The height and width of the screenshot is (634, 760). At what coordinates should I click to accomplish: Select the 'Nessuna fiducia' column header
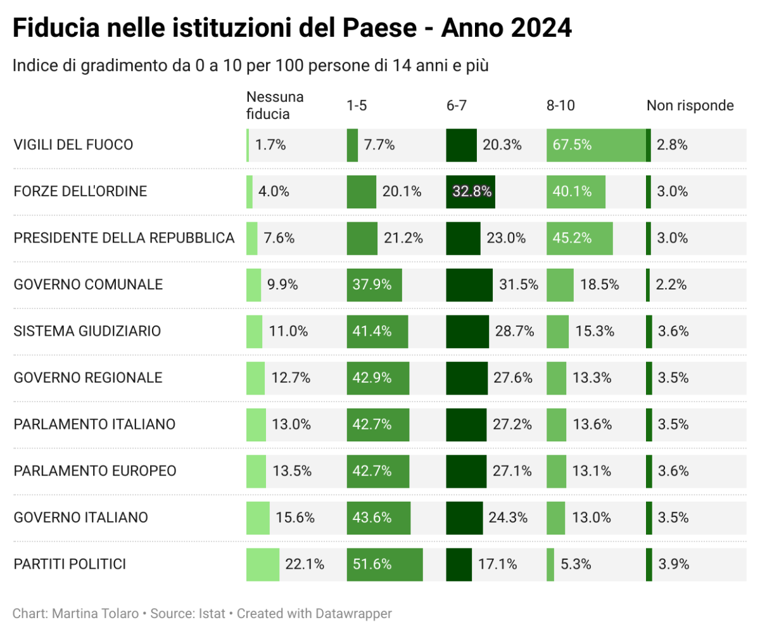click(x=275, y=106)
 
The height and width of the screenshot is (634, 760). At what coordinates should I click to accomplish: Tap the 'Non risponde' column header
click(x=690, y=106)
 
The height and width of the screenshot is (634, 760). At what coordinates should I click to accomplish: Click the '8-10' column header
click(x=560, y=106)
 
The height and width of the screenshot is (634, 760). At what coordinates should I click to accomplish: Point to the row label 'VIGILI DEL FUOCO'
click(x=73, y=145)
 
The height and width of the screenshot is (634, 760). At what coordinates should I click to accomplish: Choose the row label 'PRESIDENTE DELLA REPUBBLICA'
click(x=124, y=238)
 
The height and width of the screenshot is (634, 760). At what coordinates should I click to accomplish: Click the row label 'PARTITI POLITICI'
click(x=70, y=564)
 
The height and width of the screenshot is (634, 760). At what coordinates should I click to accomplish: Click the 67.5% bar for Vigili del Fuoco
click(x=595, y=145)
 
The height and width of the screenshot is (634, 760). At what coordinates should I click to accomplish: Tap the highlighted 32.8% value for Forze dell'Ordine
click(x=471, y=191)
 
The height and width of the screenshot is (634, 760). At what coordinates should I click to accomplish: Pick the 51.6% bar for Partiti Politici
click(x=384, y=564)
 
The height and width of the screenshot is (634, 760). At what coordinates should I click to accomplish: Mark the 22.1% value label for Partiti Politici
click(x=305, y=564)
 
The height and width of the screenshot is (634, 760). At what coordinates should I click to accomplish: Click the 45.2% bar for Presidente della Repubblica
click(x=579, y=238)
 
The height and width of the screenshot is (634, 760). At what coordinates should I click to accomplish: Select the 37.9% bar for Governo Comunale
click(x=374, y=285)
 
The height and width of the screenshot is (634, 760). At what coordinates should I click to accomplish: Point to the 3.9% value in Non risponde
click(x=673, y=564)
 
